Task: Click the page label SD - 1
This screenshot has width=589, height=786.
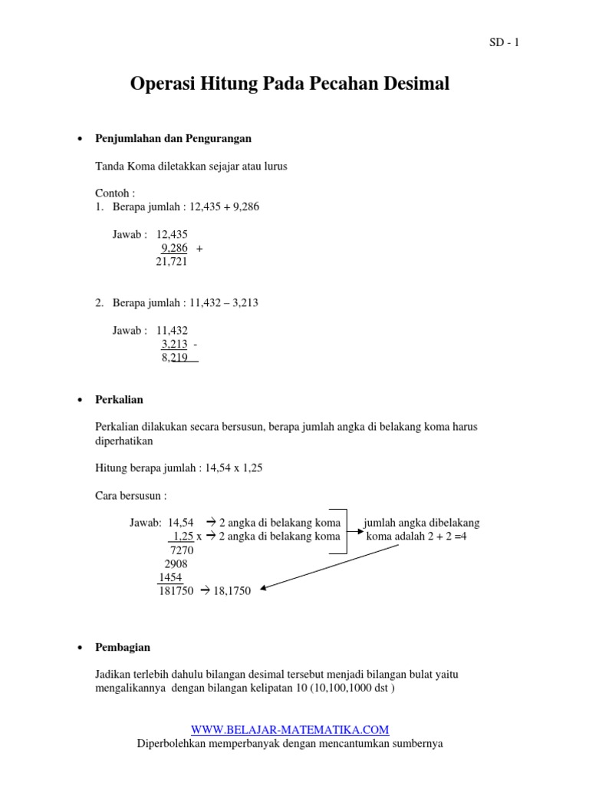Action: [x=504, y=43]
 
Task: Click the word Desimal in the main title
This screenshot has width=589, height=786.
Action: [x=411, y=84]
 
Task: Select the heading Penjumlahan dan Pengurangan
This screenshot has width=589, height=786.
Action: [x=173, y=139]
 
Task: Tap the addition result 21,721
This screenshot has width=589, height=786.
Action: [x=172, y=262]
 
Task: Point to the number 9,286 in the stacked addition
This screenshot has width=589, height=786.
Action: [x=174, y=248]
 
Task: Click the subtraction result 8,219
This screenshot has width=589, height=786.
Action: [x=175, y=358]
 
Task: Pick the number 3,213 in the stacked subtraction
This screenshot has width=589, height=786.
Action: [x=174, y=344]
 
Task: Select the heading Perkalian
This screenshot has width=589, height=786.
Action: [x=119, y=400]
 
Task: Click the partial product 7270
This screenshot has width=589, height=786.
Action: [x=182, y=550]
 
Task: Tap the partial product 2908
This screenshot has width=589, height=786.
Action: [x=176, y=563]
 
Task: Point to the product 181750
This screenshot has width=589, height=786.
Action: [x=175, y=591]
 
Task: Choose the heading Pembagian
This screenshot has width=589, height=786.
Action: [x=123, y=648]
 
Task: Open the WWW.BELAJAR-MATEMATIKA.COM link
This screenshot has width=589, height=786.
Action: [x=290, y=730]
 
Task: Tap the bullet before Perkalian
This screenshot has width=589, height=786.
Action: [x=81, y=401]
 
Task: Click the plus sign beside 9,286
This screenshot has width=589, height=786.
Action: [x=199, y=249]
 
